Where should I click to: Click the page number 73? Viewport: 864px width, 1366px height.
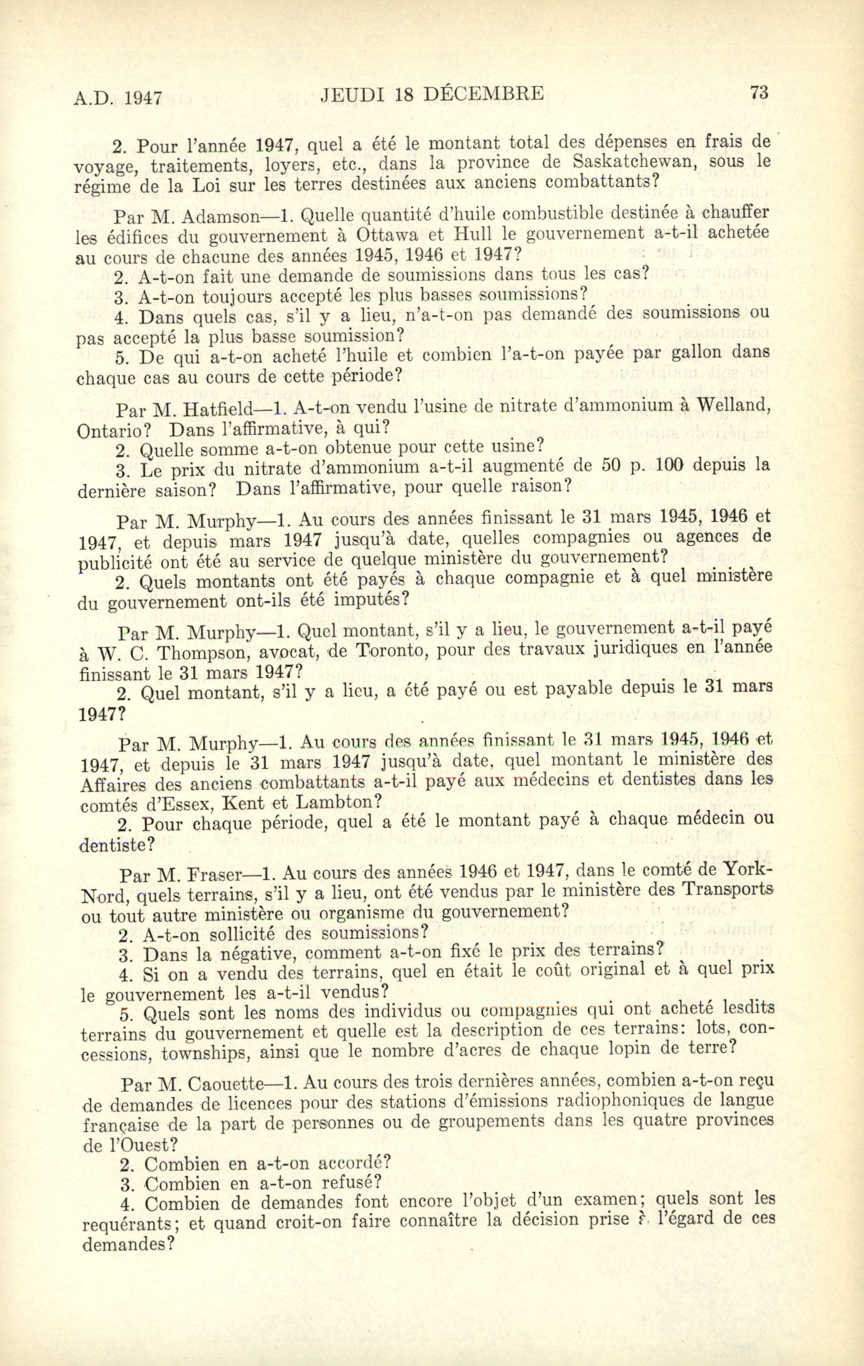758,92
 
